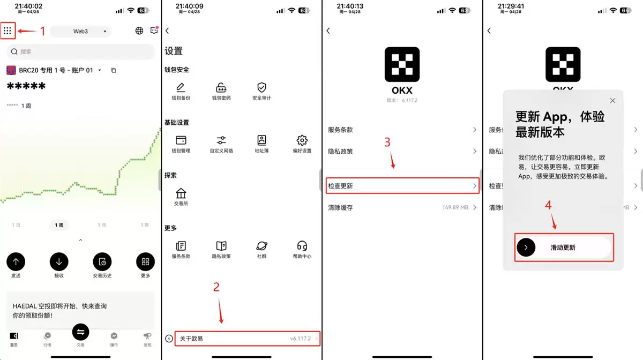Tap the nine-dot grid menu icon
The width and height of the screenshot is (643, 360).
click(x=8, y=31)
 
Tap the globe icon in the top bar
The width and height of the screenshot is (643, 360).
click(x=139, y=31)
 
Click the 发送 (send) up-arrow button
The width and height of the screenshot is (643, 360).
click(x=16, y=261)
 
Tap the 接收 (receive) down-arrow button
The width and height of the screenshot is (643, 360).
click(x=59, y=261)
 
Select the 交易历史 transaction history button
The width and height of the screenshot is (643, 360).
click(x=102, y=261)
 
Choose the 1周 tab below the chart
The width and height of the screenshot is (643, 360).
click(x=59, y=225)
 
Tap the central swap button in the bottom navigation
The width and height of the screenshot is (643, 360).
click(x=80, y=332)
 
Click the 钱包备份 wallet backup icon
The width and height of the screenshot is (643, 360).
click(x=181, y=88)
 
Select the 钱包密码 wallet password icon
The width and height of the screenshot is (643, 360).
click(x=221, y=88)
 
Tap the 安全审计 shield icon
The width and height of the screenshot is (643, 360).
click(x=261, y=88)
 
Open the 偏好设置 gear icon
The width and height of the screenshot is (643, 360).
click(x=302, y=140)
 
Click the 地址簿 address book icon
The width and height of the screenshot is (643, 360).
click(x=261, y=140)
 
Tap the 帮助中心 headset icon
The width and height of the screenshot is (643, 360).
click(x=302, y=246)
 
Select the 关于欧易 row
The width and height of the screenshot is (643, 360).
click(x=241, y=339)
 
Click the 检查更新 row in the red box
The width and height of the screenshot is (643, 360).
click(x=402, y=186)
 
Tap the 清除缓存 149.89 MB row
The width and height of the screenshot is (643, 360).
click(x=402, y=207)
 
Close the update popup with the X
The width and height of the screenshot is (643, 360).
click(x=612, y=101)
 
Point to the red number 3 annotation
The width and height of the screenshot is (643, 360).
click(x=387, y=142)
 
